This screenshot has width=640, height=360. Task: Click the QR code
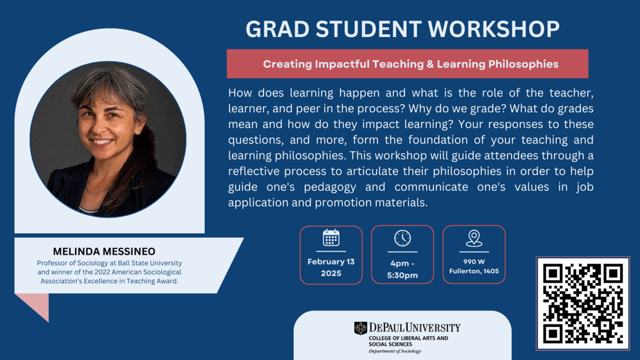click(582, 303)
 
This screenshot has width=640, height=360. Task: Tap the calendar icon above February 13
click(331, 237)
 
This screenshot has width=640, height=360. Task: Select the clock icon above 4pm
click(403, 238)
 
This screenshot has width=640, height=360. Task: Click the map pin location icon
click(474, 238)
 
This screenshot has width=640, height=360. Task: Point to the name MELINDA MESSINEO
click(104, 251)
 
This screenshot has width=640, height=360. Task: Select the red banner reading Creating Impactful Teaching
click(407, 64)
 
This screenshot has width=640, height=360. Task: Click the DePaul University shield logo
click(361, 328)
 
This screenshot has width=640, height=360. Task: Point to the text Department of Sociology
click(394, 351)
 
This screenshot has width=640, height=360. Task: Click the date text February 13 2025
click(331, 268)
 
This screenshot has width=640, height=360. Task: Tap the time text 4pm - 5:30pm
click(403, 269)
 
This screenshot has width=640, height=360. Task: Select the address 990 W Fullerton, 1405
click(474, 266)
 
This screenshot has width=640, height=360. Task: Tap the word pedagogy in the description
click(361, 187)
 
